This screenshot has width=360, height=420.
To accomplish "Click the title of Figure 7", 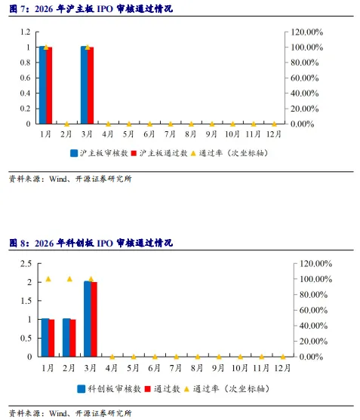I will [91, 10].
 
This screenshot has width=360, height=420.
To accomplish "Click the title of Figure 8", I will [91, 243].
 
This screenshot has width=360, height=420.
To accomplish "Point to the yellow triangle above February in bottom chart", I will [69, 279].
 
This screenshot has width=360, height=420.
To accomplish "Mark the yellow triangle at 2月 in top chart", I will [66, 123].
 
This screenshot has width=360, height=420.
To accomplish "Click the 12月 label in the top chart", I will [274, 134].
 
